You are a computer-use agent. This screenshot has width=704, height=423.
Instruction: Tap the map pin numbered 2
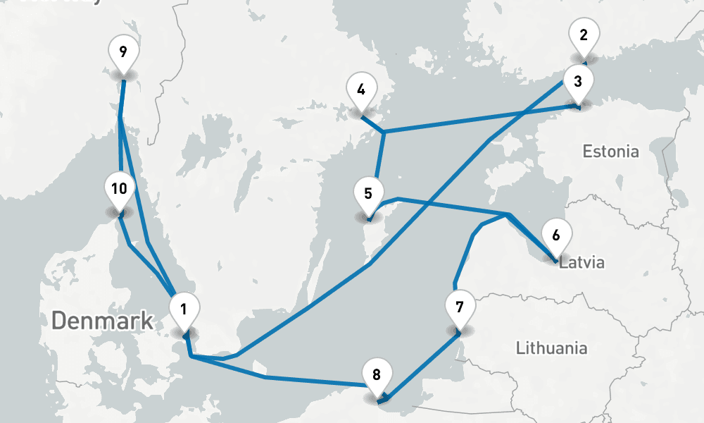point(583,35)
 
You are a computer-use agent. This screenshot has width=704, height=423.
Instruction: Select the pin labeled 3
point(578,81)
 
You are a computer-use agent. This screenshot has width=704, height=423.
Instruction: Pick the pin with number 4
point(361,90)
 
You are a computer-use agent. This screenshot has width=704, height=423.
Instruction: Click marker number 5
point(368,192)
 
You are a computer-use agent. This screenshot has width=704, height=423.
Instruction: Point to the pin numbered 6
point(556,235)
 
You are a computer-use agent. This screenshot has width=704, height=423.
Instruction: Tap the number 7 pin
point(460,307)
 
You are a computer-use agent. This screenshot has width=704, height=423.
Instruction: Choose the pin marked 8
point(377,374)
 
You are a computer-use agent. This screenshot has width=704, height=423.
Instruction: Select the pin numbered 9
point(123,52)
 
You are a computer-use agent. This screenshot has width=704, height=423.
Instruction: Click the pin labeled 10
point(119,189)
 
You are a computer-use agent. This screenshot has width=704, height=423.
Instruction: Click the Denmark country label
point(102,321)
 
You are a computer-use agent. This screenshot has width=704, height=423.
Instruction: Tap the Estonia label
point(611,151)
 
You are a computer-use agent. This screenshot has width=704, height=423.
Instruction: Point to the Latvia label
point(582,263)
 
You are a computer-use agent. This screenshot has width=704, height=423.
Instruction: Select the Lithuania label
point(551,348)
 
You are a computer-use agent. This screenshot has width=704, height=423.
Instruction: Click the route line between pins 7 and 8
point(422,367)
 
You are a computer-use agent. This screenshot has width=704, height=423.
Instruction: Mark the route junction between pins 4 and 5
point(384,132)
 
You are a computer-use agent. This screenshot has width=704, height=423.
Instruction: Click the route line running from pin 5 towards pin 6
point(451,205)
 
